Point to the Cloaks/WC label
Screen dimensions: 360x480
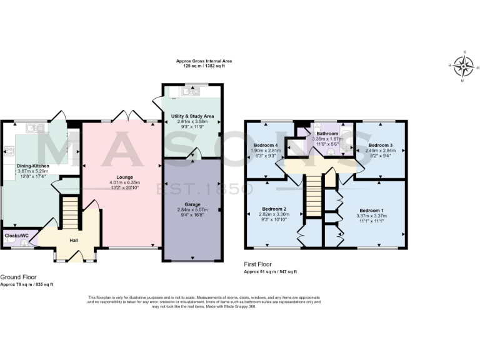pos(16,236)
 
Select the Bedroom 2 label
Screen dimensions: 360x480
pos(274,208)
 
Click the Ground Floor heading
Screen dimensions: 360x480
pos(18,277)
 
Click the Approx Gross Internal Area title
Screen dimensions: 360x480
pos(203,61)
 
